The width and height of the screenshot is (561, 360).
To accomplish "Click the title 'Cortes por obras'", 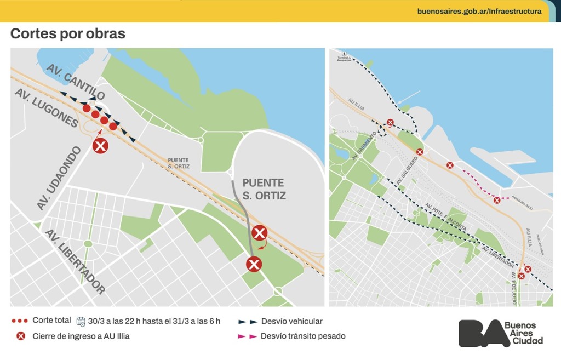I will tap(68, 34).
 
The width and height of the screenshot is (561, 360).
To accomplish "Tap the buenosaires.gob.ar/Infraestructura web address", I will tap(479, 11).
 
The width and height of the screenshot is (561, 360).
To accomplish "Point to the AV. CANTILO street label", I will tap(76, 82).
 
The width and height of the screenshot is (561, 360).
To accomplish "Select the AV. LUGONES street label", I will tap(46, 108).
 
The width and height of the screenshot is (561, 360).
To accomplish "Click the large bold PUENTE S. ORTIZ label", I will tap(264, 189).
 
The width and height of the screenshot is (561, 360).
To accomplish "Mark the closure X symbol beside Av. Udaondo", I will tap(100, 146).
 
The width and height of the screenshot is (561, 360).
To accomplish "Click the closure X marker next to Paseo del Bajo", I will tap(497, 201).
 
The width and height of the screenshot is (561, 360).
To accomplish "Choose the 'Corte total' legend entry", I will tap(51, 321).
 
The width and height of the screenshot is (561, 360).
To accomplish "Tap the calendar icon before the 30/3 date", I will tap(81, 321).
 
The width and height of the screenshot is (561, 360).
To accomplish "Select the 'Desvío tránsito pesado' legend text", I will tap(303, 336).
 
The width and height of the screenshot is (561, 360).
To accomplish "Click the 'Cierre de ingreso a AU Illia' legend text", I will tap(81, 336).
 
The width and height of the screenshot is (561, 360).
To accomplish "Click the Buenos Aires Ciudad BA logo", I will tap(500, 333).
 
